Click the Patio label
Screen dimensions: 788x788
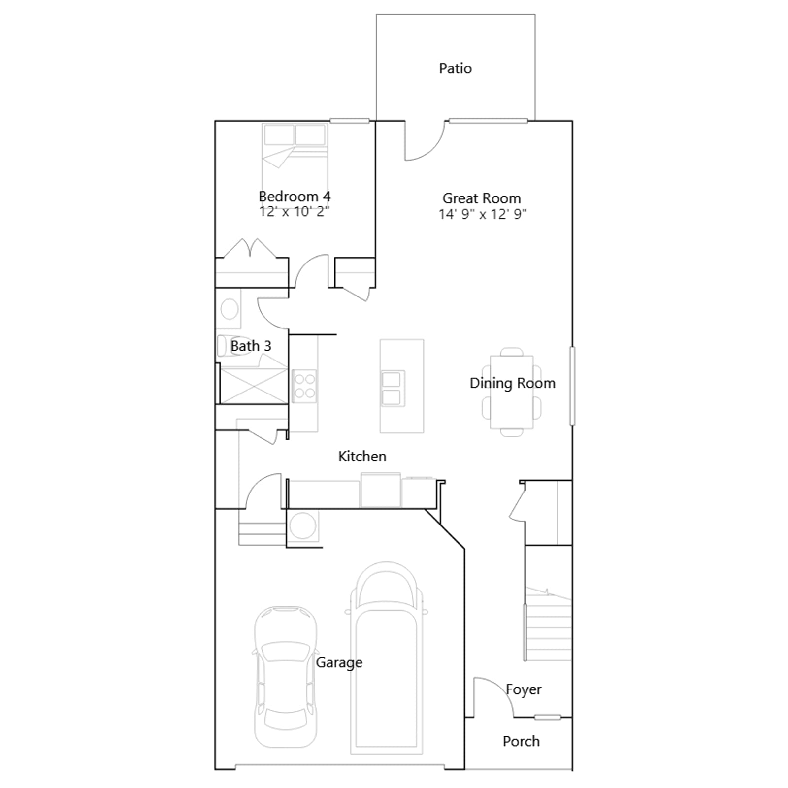coord(455,68)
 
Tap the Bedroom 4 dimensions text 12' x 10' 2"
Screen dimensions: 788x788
coord(295,212)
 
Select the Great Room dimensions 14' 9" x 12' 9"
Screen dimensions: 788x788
coord(483,214)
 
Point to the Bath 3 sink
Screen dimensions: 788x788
coord(230,309)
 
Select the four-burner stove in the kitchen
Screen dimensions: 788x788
coord(304,386)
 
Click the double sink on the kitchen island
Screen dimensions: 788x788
coord(393,389)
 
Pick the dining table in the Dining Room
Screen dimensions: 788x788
coord(512,392)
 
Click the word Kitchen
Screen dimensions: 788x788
coord(362,457)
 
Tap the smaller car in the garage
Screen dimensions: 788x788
coord(286,677)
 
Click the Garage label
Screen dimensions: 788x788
coord(339,663)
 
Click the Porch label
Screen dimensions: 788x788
coord(521,741)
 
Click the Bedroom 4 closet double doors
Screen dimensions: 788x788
coord(250,248)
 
